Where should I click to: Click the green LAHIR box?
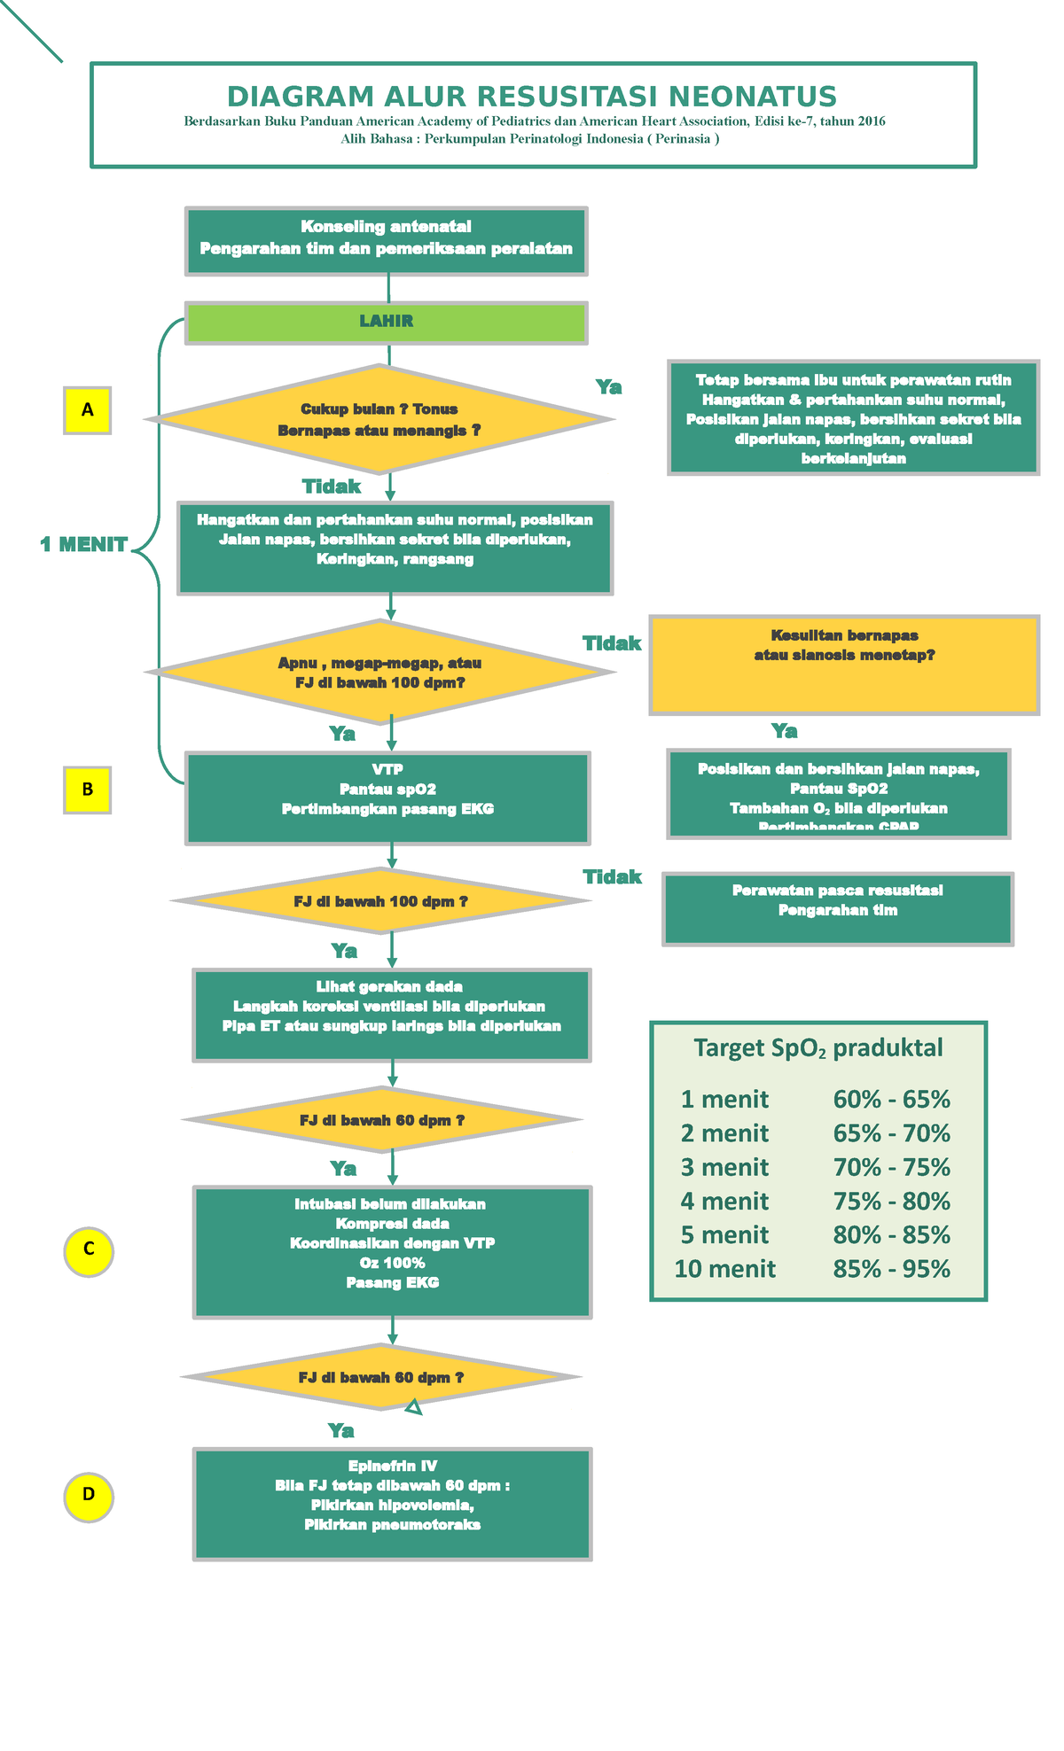pyautogui.click(x=386, y=323)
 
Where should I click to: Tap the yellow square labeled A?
pyautogui.click(x=87, y=410)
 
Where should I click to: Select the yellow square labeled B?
pyautogui.click(x=87, y=790)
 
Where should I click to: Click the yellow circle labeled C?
pyautogui.click(x=89, y=1251)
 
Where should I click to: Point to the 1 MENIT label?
pyautogui.click(x=83, y=545)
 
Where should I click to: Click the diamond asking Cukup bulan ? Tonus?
pyautogui.click(x=379, y=419)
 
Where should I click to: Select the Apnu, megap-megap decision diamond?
pyautogui.click(x=379, y=673)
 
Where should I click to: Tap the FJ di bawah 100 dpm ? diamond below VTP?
pyautogui.click(x=380, y=901)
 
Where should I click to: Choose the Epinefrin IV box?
pyautogui.click(x=392, y=1504)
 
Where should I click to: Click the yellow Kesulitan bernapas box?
pyautogui.click(x=843, y=665)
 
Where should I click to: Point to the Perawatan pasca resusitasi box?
pyautogui.click(x=837, y=908)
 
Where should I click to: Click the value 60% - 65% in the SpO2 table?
pyautogui.click(x=891, y=1100)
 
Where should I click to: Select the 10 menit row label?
pyautogui.click(x=724, y=1269)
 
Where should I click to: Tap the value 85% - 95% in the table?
pyautogui.click(x=891, y=1269)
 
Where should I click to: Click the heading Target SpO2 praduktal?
pyautogui.click(x=818, y=1048)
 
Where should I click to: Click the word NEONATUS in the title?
pyautogui.click(x=752, y=97)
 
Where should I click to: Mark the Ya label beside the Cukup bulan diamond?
pyautogui.click(x=608, y=387)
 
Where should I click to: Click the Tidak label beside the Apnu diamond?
pyautogui.click(x=611, y=643)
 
